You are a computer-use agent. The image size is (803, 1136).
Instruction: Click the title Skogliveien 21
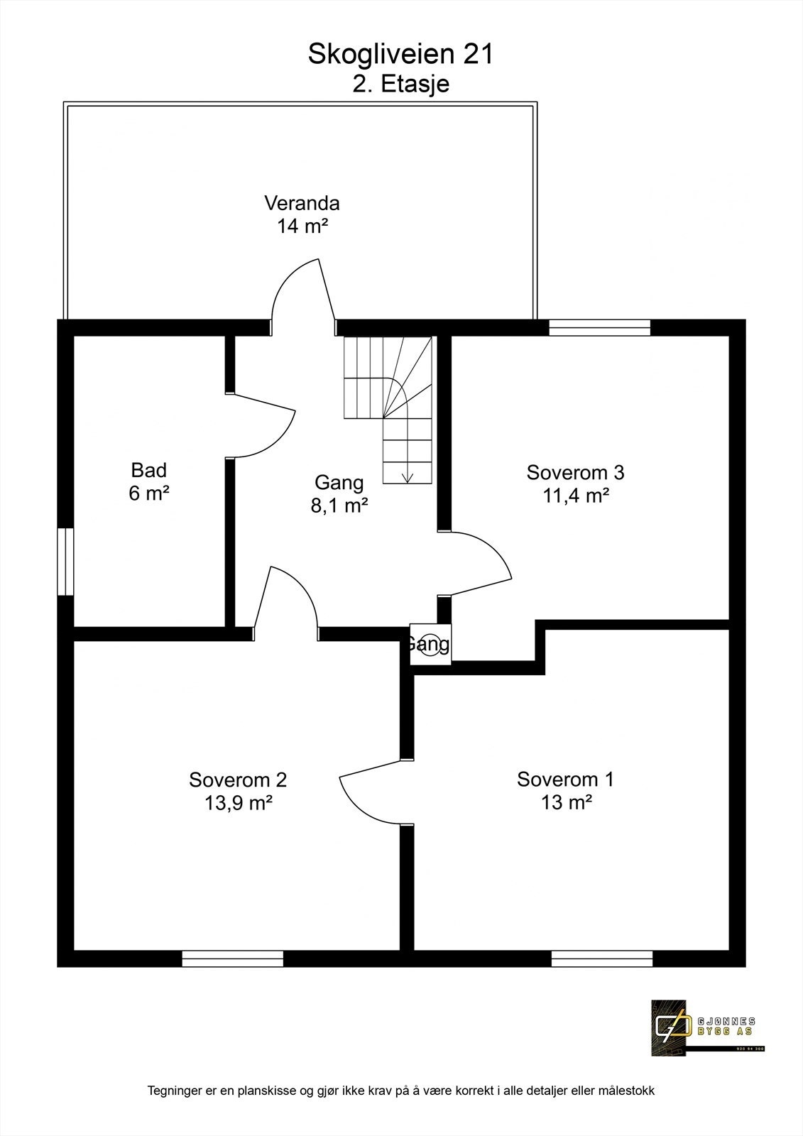click(400, 55)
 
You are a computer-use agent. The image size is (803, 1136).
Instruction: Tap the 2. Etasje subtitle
click(401, 84)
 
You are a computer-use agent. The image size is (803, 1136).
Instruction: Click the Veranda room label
click(302, 203)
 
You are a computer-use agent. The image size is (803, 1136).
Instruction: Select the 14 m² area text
click(302, 226)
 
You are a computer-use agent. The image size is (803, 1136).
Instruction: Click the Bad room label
click(148, 470)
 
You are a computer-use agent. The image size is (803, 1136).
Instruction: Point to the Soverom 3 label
click(575, 472)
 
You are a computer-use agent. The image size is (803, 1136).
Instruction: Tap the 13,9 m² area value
click(238, 803)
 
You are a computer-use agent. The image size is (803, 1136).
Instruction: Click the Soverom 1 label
click(565, 780)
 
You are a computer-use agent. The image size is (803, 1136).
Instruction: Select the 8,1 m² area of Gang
click(339, 506)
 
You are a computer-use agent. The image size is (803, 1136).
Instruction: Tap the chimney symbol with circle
click(430, 645)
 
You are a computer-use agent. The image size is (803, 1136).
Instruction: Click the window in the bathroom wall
click(65, 561)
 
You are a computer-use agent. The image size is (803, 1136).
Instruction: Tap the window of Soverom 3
click(600, 327)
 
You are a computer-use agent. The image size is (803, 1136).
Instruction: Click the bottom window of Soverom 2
click(232, 959)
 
